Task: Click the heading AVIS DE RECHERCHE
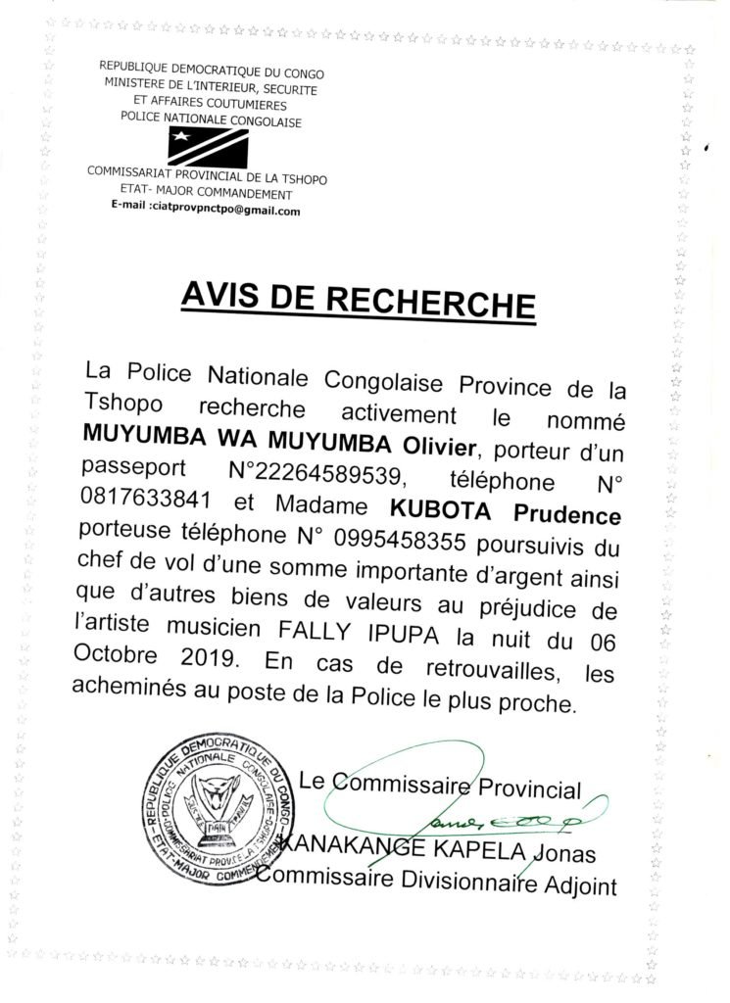[x=359, y=300]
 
